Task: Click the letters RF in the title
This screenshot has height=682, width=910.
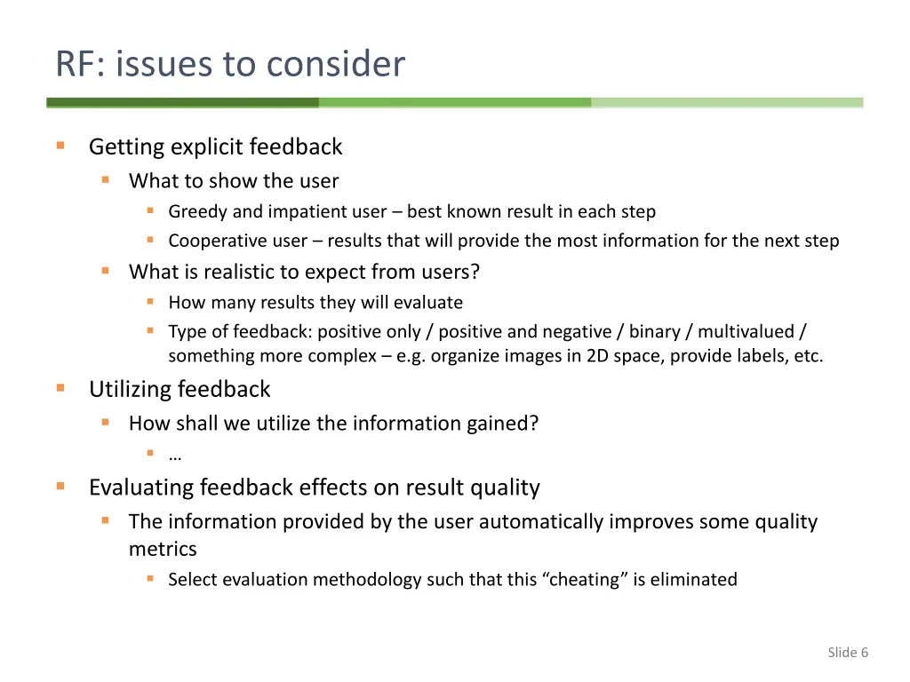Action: pos(74,64)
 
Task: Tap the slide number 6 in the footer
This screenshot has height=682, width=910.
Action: pos(864,653)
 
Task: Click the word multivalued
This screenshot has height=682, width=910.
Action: pos(746,331)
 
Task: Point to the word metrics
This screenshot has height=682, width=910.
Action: pos(163,549)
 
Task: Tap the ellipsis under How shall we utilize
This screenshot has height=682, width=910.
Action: pos(175,456)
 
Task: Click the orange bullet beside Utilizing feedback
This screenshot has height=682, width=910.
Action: pos(60,388)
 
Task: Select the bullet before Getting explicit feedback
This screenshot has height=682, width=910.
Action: pos(60,146)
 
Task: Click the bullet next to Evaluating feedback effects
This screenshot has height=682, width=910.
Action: pos(60,487)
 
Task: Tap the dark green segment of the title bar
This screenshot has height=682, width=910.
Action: pos(182,103)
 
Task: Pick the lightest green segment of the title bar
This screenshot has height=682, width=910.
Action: pos(727,103)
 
